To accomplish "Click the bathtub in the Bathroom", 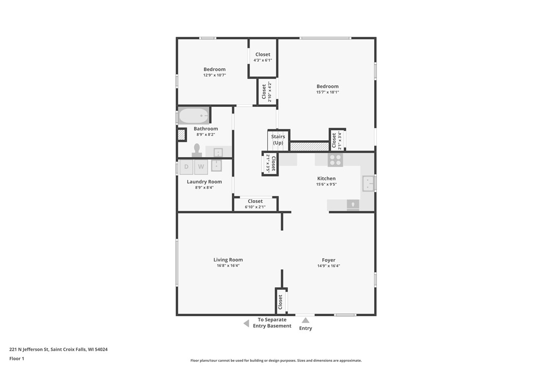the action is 194,115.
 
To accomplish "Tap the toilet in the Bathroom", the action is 197,150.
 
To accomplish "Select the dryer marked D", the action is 186,167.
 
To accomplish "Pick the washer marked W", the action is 201,167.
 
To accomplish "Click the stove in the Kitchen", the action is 335,160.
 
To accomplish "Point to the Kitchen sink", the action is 368,183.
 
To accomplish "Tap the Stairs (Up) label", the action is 278,139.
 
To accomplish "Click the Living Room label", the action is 228,260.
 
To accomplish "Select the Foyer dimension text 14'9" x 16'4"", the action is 328,266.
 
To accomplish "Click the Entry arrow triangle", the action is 305,320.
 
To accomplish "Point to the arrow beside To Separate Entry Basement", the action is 247,323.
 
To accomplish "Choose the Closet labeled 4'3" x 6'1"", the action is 263,57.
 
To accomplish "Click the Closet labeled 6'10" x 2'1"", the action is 255,204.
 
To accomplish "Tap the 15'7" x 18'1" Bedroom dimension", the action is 327,93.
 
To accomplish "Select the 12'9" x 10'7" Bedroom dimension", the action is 214,75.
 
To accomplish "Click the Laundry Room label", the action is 204,181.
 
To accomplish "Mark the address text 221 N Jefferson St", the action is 29,349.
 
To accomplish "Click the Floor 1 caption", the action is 17,358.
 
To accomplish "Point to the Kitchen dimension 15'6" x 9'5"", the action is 326,184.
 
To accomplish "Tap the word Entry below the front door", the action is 305,328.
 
